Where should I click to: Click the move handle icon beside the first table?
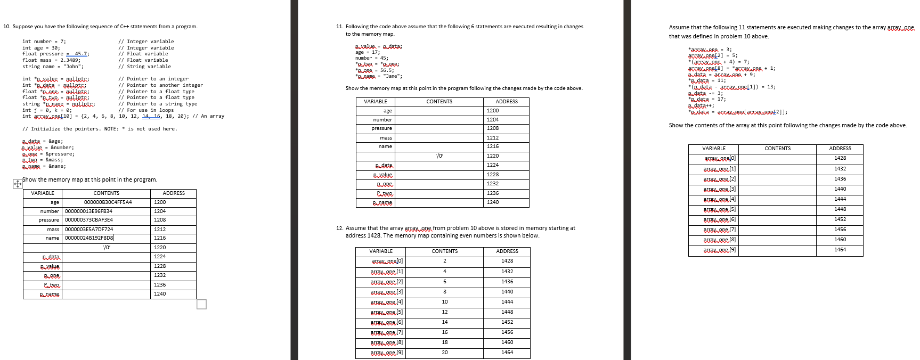pyautogui.click(x=17, y=184)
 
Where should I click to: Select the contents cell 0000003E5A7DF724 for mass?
pyautogui.click(x=89, y=230)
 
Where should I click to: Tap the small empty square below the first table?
pyautogui.click(x=201, y=304)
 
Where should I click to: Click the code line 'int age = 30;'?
pyautogui.click(x=41, y=48)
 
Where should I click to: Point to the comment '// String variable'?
pyautogui.click(x=144, y=67)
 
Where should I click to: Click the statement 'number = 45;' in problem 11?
pyautogui.click(x=372, y=58)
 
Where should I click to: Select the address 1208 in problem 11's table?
pyautogui.click(x=493, y=128)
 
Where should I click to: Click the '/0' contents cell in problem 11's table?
pyautogui.click(x=439, y=156)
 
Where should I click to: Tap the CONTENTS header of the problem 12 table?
pyautogui.click(x=444, y=251)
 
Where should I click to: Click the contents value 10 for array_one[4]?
pyautogui.click(x=445, y=302)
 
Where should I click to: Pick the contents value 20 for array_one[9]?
pyautogui.click(x=445, y=353)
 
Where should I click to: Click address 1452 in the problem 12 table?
pyautogui.click(x=507, y=322)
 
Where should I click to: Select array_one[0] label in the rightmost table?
pyautogui.click(x=720, y=158)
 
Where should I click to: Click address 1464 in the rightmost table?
pyautogui.click(x=840, y=250)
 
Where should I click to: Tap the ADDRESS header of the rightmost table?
pyautogui.click(x=840, y=149)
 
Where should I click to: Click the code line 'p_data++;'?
pyautogui.click(x=701, y=105)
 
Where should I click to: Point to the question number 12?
pyautogui.click(x=339, y=228)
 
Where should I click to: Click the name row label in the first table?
pyautogui.click(x=52, y=238)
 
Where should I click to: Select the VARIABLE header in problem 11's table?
pyautogui.click(x=376, y=102)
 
